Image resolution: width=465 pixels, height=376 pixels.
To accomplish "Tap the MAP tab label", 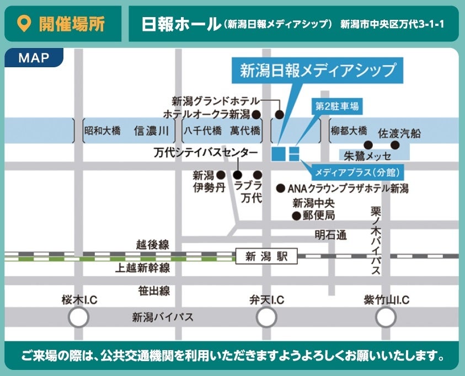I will (x=34, y=58).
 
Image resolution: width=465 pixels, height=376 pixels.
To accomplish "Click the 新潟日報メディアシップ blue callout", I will (x=318, y=70).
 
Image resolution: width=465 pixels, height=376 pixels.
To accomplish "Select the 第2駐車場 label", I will (x=336, y=106).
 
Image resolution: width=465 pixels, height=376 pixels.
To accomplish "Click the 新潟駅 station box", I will (x=266, y=256).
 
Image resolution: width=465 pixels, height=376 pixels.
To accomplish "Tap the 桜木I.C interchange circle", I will (x=78, y=317).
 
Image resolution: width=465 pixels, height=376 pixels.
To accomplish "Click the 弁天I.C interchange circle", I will (x=266, y=317).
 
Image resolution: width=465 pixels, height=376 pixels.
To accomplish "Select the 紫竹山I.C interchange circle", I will (x=386, y=317).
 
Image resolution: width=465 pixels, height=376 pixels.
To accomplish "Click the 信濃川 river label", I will (x=151, y=131).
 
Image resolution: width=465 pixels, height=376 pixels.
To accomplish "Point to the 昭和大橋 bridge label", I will (x=102, y=131).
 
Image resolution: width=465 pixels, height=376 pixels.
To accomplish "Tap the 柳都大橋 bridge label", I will (x=349, y=131).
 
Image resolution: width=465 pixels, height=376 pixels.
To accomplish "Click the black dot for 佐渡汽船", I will (x=394, y=144).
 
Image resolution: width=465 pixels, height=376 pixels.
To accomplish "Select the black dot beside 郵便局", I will (x=296, y=216).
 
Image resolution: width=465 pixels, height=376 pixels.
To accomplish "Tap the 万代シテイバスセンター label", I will (x=205, y=153).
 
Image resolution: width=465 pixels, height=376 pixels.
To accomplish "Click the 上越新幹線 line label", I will (x=142, y=268).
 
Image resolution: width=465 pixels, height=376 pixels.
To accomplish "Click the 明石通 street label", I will (x=331, y=235).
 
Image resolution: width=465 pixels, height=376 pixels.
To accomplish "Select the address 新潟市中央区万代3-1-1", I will (x=392, y=24).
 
